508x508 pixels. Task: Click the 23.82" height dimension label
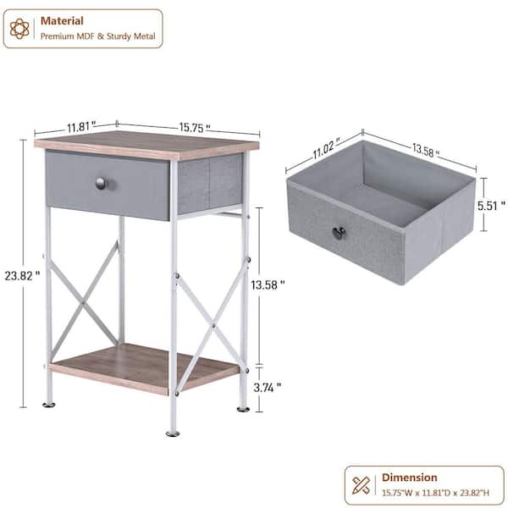(22, 275)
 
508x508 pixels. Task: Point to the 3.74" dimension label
(267, 387)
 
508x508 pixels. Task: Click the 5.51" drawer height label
(491, 204)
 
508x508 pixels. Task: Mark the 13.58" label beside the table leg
(268, 285)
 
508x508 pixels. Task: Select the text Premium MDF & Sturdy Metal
(98, 36)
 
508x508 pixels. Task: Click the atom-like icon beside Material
(19, 29)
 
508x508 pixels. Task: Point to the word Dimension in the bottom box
(410, 478)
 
